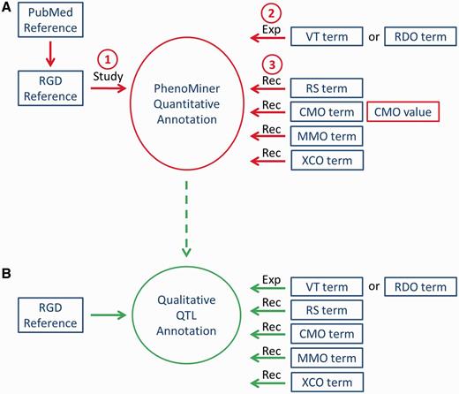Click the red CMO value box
pyautogui.click(x=403, y=111)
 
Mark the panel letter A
pyautogui.click(x=8, y=8)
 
